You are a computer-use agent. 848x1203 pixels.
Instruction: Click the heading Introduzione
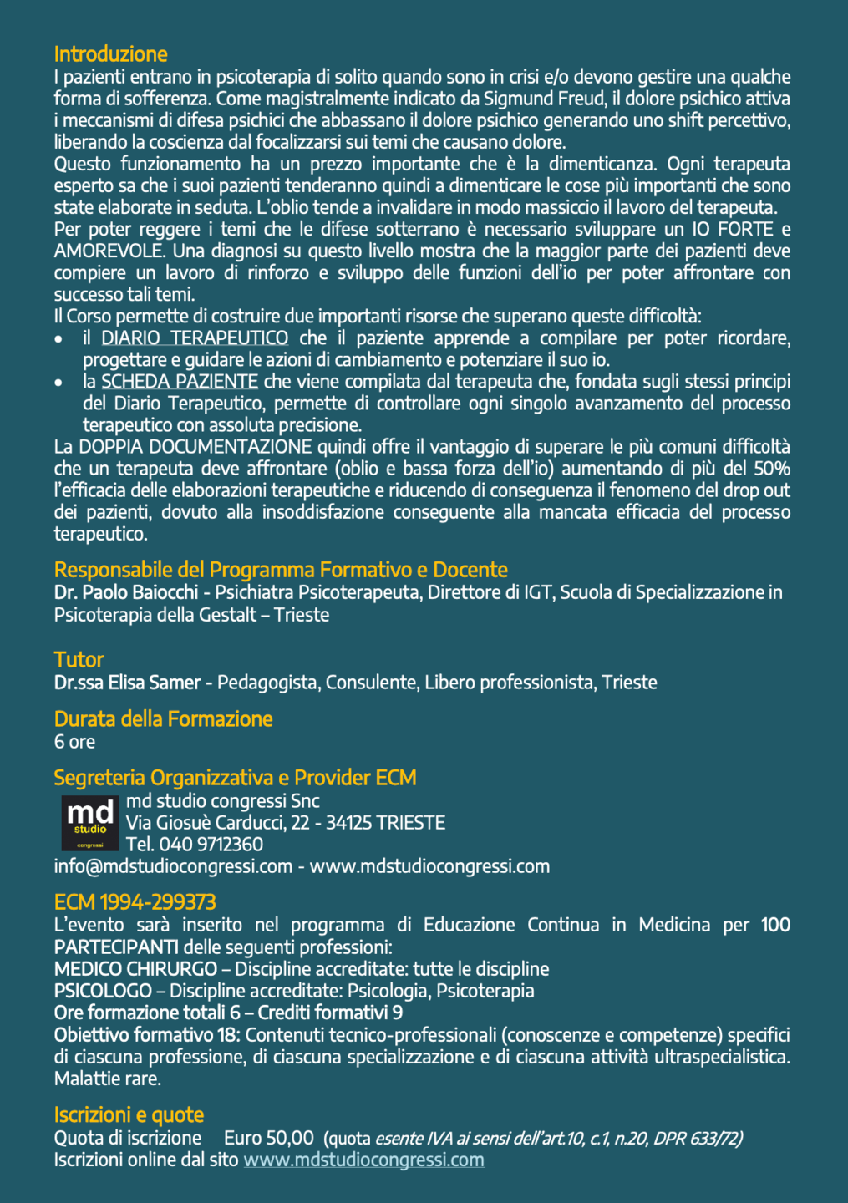pos(110,54)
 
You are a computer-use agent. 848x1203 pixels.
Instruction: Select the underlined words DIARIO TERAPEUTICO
pos(195,338)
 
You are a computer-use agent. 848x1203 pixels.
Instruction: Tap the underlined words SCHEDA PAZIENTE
pos(179,382)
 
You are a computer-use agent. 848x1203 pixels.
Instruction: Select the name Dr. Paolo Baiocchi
pos(125,592)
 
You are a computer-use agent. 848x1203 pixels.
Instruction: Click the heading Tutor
pos(79,660)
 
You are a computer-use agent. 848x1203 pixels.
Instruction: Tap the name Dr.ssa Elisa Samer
pos(127,683)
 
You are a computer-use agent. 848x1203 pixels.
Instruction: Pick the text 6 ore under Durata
pos(74,742)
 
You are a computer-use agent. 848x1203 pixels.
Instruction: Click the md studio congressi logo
pos(89,822)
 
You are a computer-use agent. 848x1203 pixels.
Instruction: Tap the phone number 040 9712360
pos(211,845)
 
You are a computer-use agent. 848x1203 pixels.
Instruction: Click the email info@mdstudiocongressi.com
pos(173,866)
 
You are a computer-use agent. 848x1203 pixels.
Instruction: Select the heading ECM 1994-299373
pos(135,902)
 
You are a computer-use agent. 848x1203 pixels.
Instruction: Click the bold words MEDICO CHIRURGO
pos(135,969)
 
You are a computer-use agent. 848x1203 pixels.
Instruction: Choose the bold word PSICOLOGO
pos(103,991)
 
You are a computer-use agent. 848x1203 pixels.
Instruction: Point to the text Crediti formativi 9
pos(330,1013)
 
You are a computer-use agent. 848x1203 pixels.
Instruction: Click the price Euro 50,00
pos(268,1138)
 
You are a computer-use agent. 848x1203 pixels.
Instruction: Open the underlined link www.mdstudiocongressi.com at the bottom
pos(363,1160)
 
